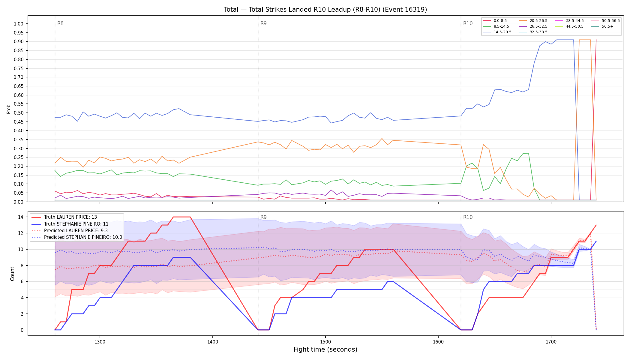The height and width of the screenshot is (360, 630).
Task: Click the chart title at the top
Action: click(325, 10)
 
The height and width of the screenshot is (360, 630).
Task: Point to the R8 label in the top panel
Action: click(60, 23)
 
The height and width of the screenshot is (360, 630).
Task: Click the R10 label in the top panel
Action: click(468, 23)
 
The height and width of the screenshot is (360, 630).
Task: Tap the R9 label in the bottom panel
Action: click(263, 217)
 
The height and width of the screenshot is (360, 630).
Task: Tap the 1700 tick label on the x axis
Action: click(551, 342)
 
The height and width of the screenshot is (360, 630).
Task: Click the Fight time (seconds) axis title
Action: click(325, 349)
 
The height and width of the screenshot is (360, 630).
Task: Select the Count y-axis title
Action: click(12, 274)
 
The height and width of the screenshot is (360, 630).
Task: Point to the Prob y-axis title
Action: click(8, 109)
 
